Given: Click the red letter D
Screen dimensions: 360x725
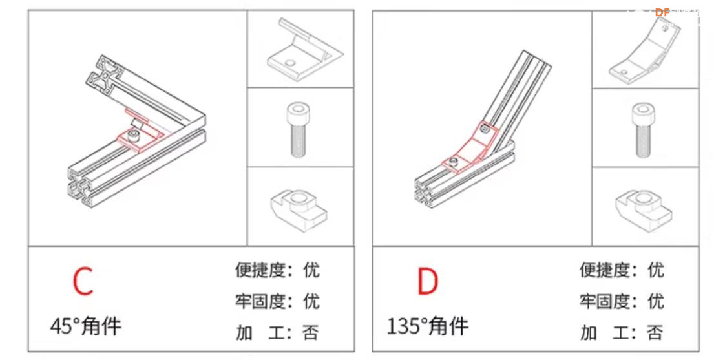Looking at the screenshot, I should pyautogui.click(x=426, y=281).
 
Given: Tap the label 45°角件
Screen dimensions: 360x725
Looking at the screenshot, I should pyautogui.click(x=85, y=325).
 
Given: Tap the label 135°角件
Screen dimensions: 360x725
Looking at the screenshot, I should pyautogui.click(x=428, y=325).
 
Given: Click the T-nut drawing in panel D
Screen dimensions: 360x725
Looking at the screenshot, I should pyautogui.click(x=644, y=206).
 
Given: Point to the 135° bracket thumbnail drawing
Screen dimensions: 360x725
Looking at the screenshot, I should pyautogui.click(x=644, y=50).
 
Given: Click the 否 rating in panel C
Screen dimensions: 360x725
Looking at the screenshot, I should pyautogui.click(x=311, y=333).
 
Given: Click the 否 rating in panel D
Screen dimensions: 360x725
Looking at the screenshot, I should pyautogui.click(x=655, y=333).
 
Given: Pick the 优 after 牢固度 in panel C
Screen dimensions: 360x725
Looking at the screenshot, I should pyautogui.click(x=311, y=301).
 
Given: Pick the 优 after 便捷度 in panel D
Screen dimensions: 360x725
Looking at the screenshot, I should pyautogui.click(x=655, y=270).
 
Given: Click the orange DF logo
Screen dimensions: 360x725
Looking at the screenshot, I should pyautogui.click(x=662, y=12).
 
